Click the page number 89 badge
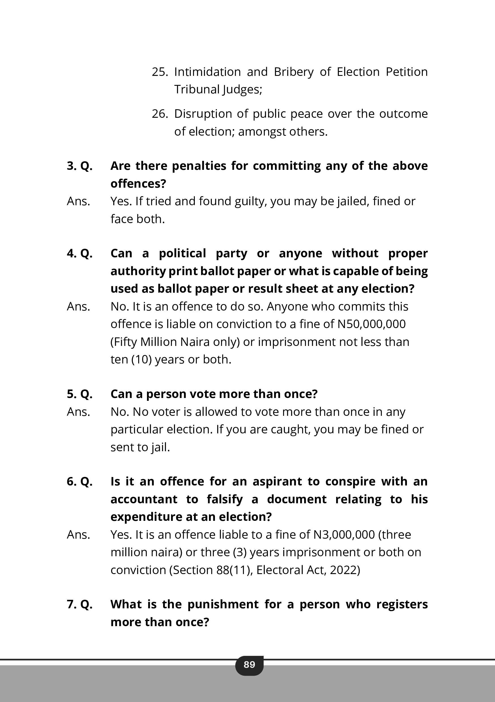coord(249,664)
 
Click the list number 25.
coord(160,72)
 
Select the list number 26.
coord(160,114)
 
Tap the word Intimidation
coord(207,72)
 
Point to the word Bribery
coord(294,72)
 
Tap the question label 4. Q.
coord(80,253)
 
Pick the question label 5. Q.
coord(80,394)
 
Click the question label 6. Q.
coord(80,481)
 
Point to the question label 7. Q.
coord(80,604)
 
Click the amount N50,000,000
coord(372,324)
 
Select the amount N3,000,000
coord(344,535)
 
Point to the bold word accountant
coord(144,499)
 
